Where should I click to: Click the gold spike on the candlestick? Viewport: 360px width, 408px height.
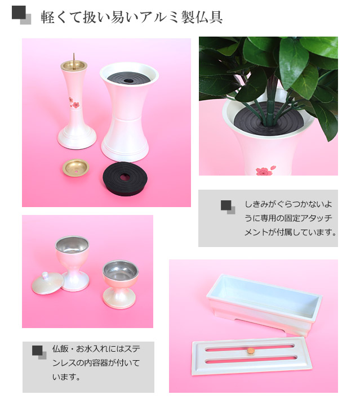pyautogui.click(x=74, y=61)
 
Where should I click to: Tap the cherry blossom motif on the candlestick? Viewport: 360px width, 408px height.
pyautogui.click(x=74, y=103)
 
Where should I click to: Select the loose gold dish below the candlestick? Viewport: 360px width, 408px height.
pyautogui.click(x=76, y=168)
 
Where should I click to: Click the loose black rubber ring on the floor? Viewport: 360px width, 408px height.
pyautogui.click(x=125, y=178)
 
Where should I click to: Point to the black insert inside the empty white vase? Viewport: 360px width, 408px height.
pyautogui.click(x=128, y=78)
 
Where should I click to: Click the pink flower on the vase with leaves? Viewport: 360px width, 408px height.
pyautogui.click(x=265, y=170)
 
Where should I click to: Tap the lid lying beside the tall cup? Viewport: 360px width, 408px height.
pyautogui.click(x=47, y=283)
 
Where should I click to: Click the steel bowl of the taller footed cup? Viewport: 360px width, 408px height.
pyautogui.click(x=72, y=245)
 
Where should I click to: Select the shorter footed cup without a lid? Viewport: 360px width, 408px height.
pyautogui.click(x=120, y=284)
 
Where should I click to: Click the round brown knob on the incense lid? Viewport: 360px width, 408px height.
pyautogui.click(x=250, y=351)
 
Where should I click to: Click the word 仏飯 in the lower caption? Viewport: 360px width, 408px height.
pyautogui.click(x=60, y=349)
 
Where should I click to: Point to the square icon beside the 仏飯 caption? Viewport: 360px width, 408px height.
pyautogui.click(x=39, y=352)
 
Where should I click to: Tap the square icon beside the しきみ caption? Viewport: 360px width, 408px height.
pyautogui.click(x=228, y=207)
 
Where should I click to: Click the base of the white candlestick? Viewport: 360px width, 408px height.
pyautogui.click(x=77, y=138)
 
